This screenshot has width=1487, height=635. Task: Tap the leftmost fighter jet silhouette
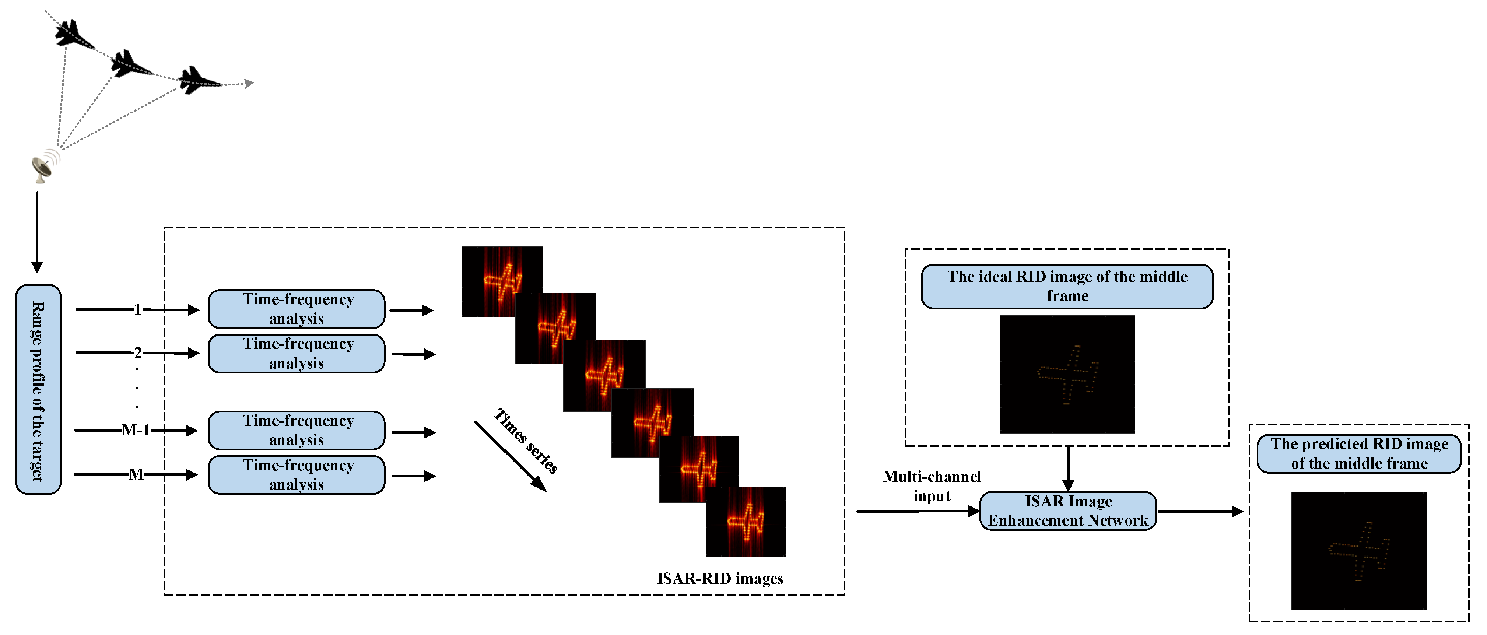tap(73, 35)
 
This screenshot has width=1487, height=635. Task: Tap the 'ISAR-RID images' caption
tap(719, 578)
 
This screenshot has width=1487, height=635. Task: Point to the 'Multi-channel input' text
tap(931, 486)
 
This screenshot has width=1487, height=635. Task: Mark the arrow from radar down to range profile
tap(37, 231)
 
